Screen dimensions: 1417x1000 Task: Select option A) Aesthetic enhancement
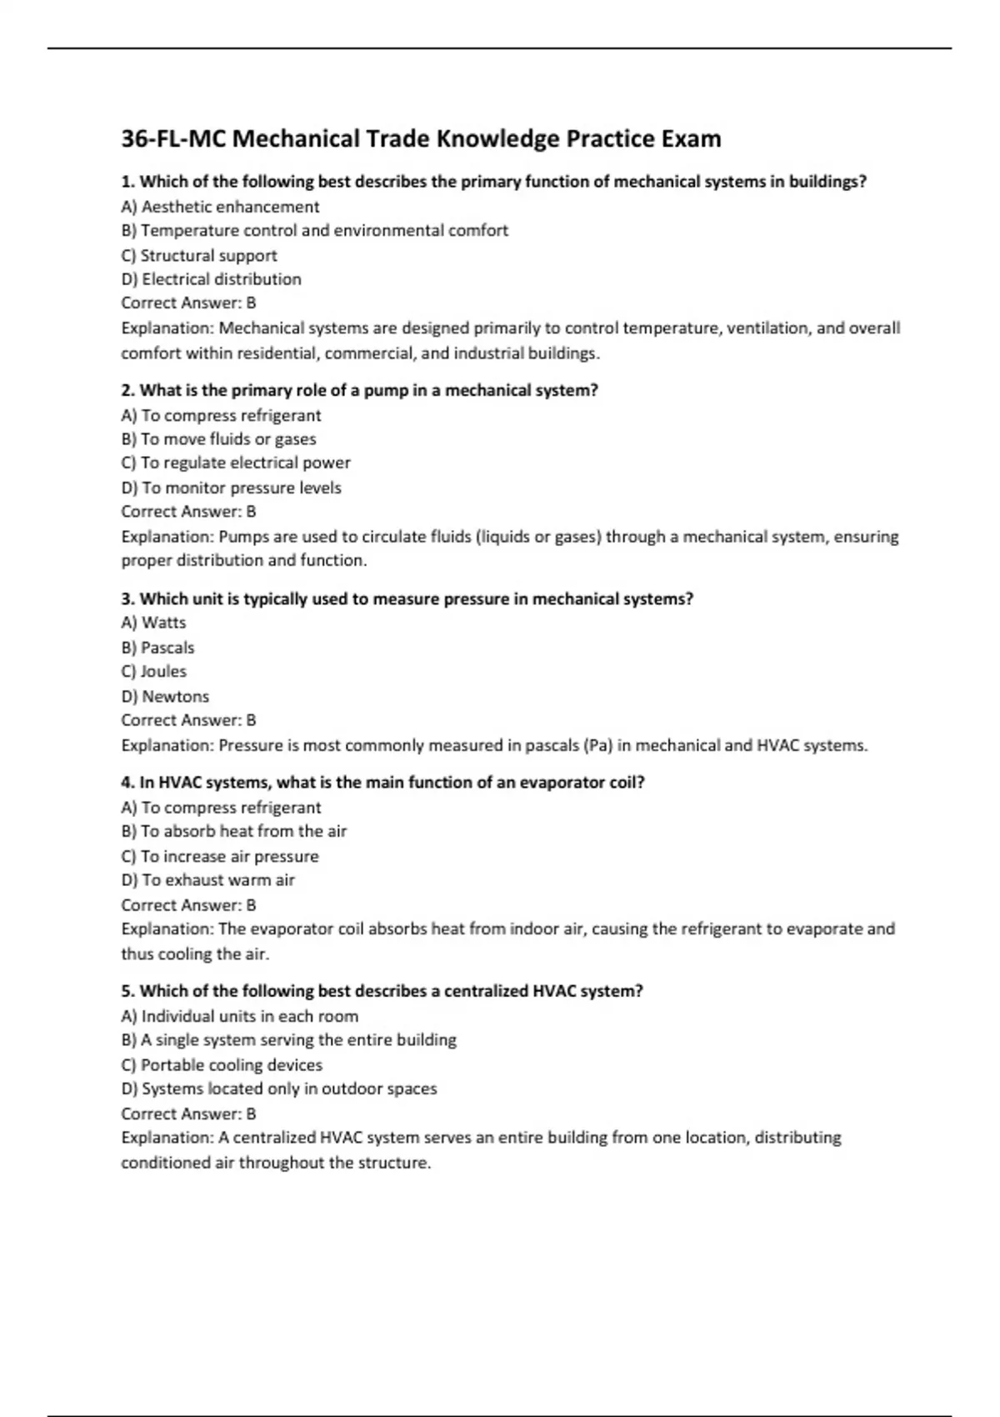click(x=220, y=207)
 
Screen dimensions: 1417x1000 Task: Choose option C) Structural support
click(x=199, y=255)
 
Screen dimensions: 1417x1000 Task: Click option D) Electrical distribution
click(x=211, y=279)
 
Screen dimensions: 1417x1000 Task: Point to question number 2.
click(x=128, y=390)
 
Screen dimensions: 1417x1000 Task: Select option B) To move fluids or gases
click(x=218, y=438)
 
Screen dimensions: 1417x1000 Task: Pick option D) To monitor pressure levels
click(x=231, y=488)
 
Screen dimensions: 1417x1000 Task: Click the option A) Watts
click(x=153, y=623)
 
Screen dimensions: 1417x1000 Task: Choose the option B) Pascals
click(x=157, y=648)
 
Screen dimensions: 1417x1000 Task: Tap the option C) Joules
click(x=153, y=671)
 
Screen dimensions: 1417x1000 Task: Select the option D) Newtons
click(x=165, y=696)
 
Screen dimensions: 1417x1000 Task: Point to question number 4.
click(x=128, y=783)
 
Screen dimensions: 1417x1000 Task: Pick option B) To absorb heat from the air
click(x=233, y=831)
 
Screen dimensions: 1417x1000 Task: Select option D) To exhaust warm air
click(x=207, y=880)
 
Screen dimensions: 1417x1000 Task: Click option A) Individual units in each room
click(x=240, y=1016)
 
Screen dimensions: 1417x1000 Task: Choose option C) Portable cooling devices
click(x=222, y=1064)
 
